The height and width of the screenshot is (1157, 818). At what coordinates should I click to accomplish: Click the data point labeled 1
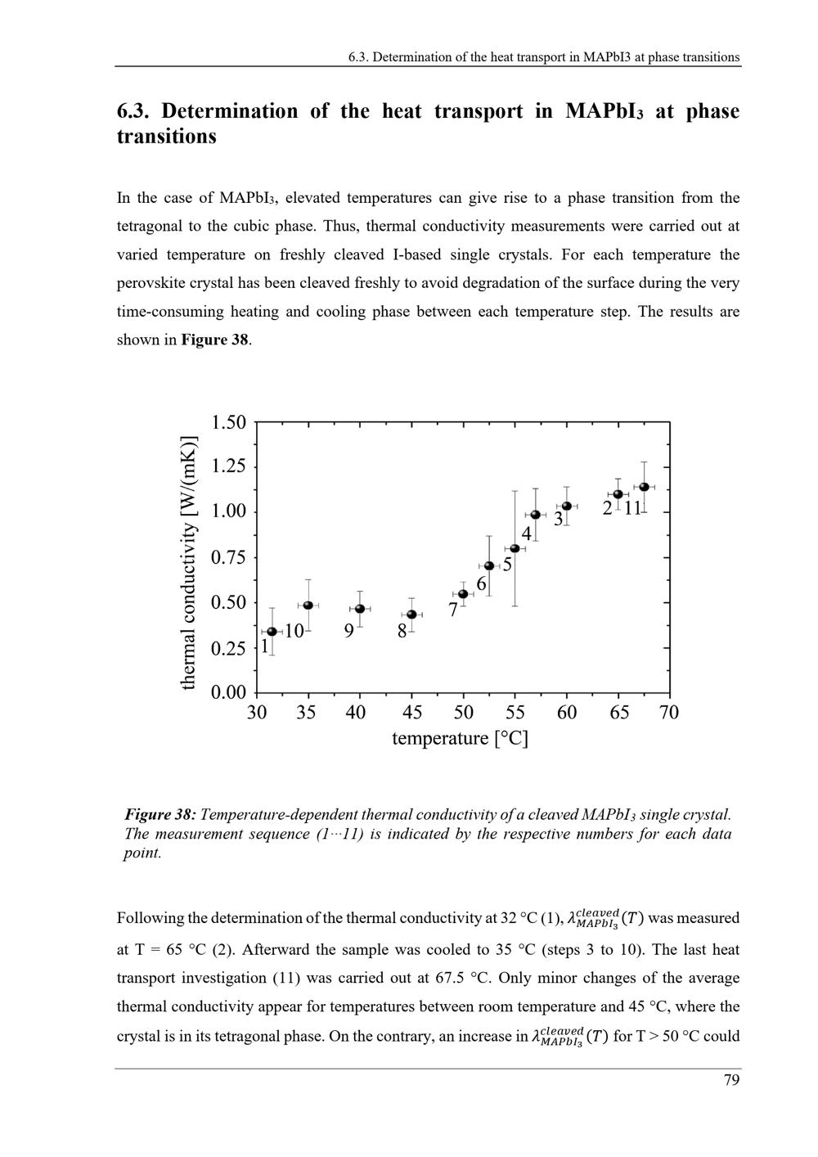272,632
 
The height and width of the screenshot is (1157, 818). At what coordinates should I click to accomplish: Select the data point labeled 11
644,487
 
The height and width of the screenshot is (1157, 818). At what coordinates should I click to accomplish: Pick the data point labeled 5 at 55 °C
515,548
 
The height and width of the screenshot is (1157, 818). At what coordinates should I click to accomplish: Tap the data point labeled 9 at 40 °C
360,609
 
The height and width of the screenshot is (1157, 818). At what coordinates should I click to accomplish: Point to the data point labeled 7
463,594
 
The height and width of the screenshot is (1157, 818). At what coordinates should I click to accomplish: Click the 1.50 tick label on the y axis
228,423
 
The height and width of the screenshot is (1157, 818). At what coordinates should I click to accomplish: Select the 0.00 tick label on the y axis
228,693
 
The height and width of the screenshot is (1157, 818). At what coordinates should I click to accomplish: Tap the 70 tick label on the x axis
669,713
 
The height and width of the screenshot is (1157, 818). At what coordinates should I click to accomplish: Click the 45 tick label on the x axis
412,713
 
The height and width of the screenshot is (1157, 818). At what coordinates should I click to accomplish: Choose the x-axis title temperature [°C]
460,739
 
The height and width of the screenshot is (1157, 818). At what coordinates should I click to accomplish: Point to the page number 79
731,1081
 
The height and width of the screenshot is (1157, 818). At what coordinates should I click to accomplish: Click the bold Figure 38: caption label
160,815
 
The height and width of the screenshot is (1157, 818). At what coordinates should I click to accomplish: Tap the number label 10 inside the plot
294,631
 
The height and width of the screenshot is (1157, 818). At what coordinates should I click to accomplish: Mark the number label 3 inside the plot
559,520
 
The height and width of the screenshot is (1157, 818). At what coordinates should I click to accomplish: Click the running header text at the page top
544,57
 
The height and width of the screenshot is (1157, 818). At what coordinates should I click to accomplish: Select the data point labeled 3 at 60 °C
566,506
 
